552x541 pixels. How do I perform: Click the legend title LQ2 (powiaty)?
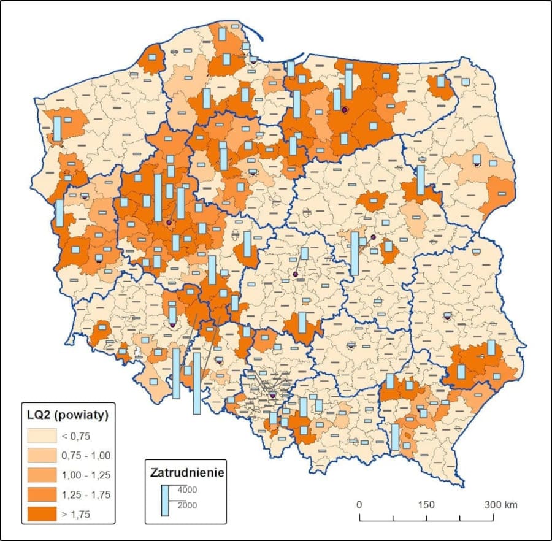pyautogui.click(x=68, y=414)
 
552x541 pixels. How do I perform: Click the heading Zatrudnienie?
pyautogui.click(x=186, y=473)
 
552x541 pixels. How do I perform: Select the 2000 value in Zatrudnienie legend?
pyautogui.click(x=187, y=505)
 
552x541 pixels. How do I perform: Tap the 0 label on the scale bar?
pyautogui.click(x=359, y=504)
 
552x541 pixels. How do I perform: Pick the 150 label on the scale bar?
pyautogui.click(x=426, y=504)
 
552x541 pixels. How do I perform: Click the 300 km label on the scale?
pyautogui.click(x=501, y=504)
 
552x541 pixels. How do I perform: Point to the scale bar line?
pyautogui.click(x=426, y=520)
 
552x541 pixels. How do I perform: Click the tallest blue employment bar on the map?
pyautogui.click(x=197, y=383)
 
